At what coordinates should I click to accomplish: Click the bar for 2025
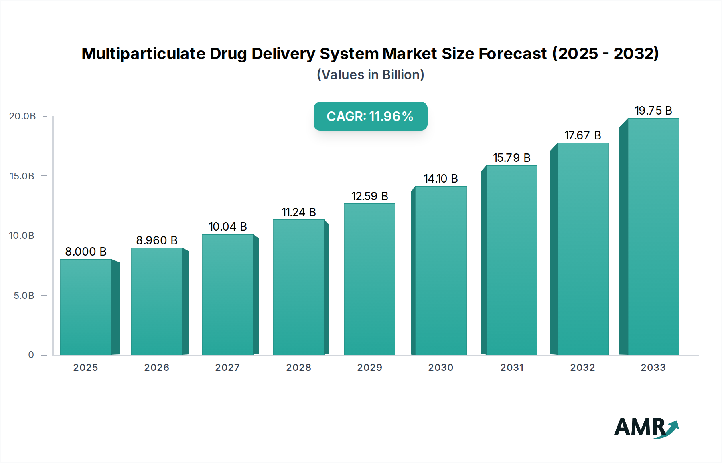click(x=86, y=307)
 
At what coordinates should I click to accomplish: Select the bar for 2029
click(x=369, y=279)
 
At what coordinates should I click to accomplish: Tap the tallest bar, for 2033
click(x=653, y=236)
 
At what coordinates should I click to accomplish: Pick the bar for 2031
click(x=511, y=260)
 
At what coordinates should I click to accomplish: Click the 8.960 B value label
click(x=157, y=240)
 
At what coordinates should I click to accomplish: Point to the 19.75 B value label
click(x=653, y=111)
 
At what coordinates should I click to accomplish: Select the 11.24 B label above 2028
click(x=299, y=212)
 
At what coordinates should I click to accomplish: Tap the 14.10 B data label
click(x=441, y=179)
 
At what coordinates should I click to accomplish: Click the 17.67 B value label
click(x=582, y=135)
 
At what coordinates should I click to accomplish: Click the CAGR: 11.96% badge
click(x=370, y=116)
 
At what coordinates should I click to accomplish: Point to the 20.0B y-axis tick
click(x=22, y=116)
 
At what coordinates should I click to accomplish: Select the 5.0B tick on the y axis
click(x=24, y=296)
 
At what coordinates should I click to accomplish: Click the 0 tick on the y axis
click(x=31, y=355)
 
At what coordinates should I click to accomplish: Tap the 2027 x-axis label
click(x=227, y=368)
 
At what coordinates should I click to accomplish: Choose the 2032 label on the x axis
click(x=582, y=368)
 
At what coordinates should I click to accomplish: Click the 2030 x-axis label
click(x=440, y=368)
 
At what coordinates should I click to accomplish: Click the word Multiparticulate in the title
click(x=143, y=54)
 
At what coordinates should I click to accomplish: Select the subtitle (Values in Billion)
click(x=370, y=75)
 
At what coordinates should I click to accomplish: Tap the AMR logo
click(x=646, y=427)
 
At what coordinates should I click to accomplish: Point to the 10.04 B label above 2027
click(x=227, y=227)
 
